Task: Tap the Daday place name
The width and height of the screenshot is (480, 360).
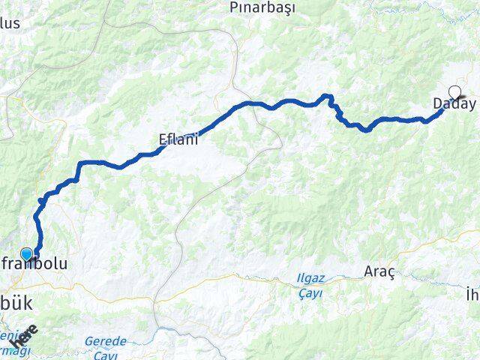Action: point(454,103)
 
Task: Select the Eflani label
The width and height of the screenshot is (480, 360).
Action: point(178,138)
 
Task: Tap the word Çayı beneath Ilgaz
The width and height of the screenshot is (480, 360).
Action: point(309,293)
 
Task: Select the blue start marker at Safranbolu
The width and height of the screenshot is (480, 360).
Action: point(27,255)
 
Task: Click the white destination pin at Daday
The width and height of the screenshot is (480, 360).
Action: point(454,94)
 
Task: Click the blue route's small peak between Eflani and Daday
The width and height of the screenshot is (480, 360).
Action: point(326,95)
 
